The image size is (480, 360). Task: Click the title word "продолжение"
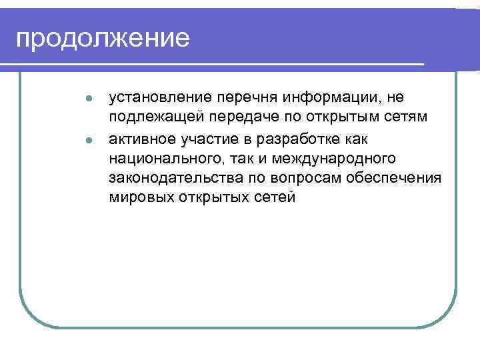(103, 39)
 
